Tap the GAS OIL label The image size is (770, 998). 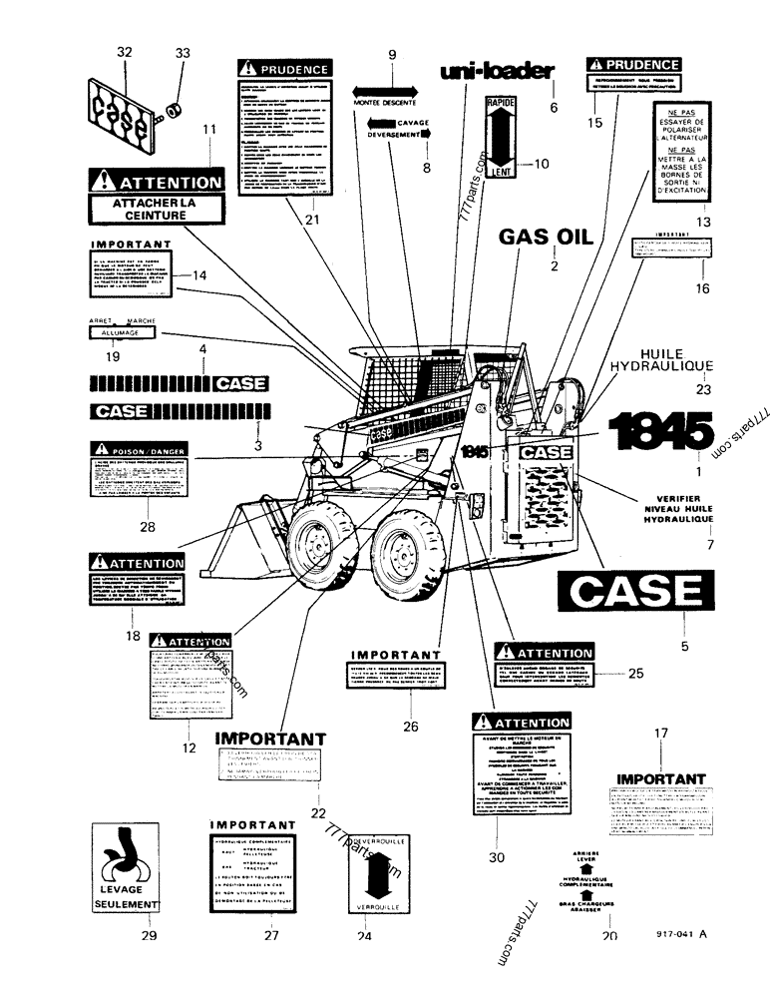[x=547, y=237]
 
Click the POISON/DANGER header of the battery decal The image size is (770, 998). [x=139, y=449]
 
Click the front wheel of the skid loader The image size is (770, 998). [x=320, y=545]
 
